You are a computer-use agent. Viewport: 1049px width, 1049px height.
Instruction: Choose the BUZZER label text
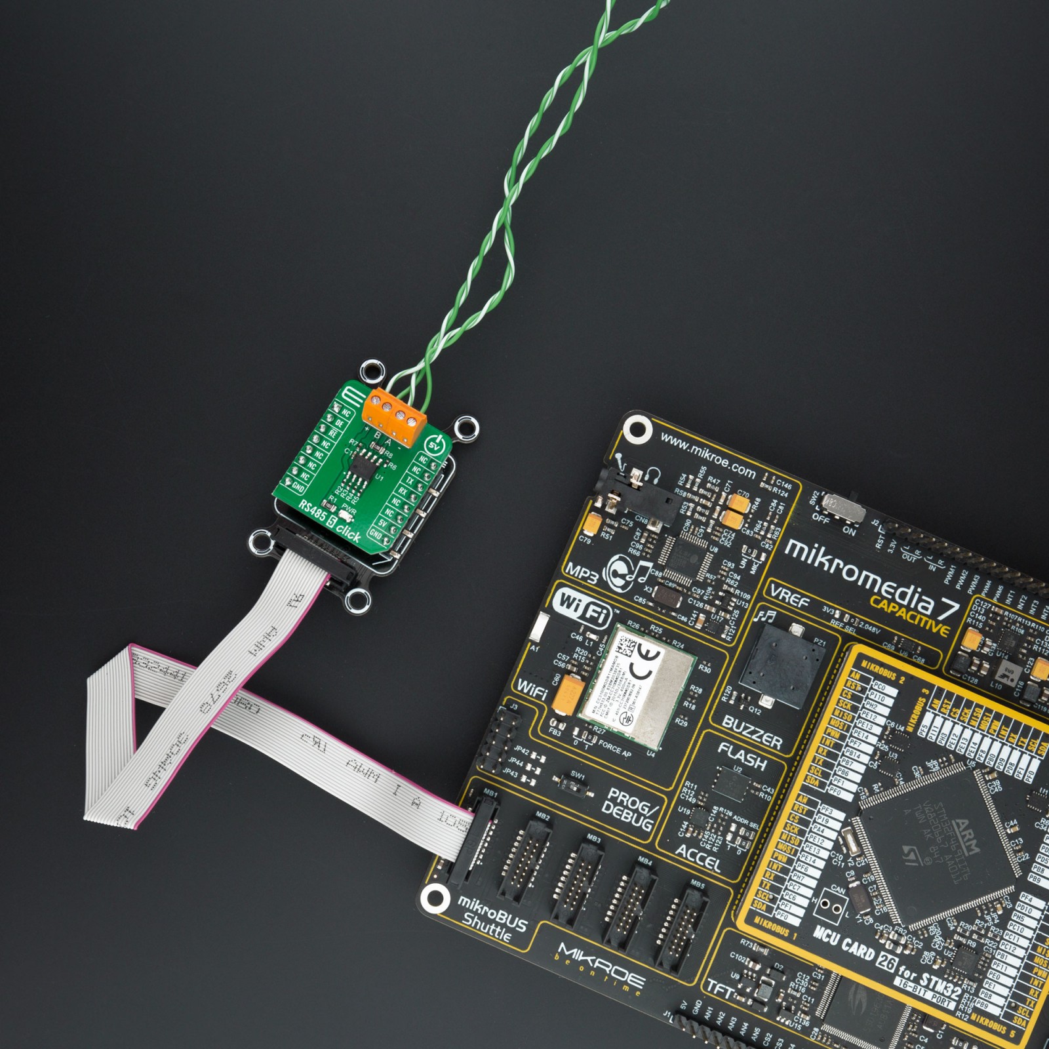[x=752, y=731]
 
